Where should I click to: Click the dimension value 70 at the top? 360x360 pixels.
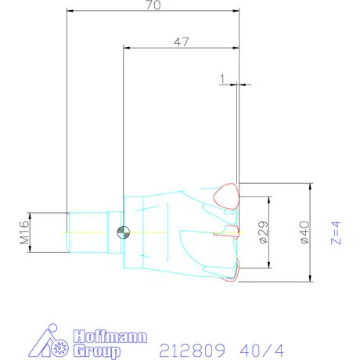tap(153, 6)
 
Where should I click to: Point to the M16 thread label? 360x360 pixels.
tap(24, 232)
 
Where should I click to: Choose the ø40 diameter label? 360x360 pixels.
tap(305, 232)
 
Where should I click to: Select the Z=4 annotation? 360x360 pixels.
tap(337, 232)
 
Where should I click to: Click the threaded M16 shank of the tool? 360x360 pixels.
tap(88, 231)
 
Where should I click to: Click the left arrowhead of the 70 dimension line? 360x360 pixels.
tap(71, 11)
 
